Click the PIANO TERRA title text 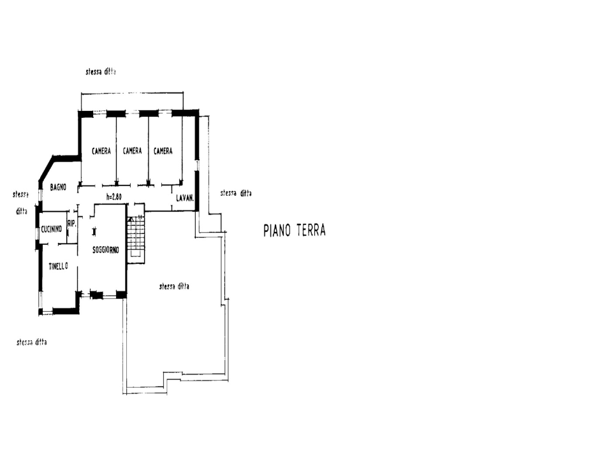pos(295,231)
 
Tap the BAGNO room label pos(59,187)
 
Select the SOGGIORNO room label pos(106,249)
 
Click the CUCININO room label pos(51,229)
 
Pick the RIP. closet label pos(72,223)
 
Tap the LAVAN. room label pos(185,198)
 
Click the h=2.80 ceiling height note pos(114,197)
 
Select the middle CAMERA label pos(132,151)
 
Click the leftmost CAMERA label pos(101,151)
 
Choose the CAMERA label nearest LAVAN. pos(163,151)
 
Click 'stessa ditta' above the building pos(101,72)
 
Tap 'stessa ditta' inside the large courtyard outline pos(173,287)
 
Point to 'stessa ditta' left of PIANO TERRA pos(235,193)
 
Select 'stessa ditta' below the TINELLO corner pos(32,342)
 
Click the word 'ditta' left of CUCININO pos(21,211)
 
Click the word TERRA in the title pos(309,231)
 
